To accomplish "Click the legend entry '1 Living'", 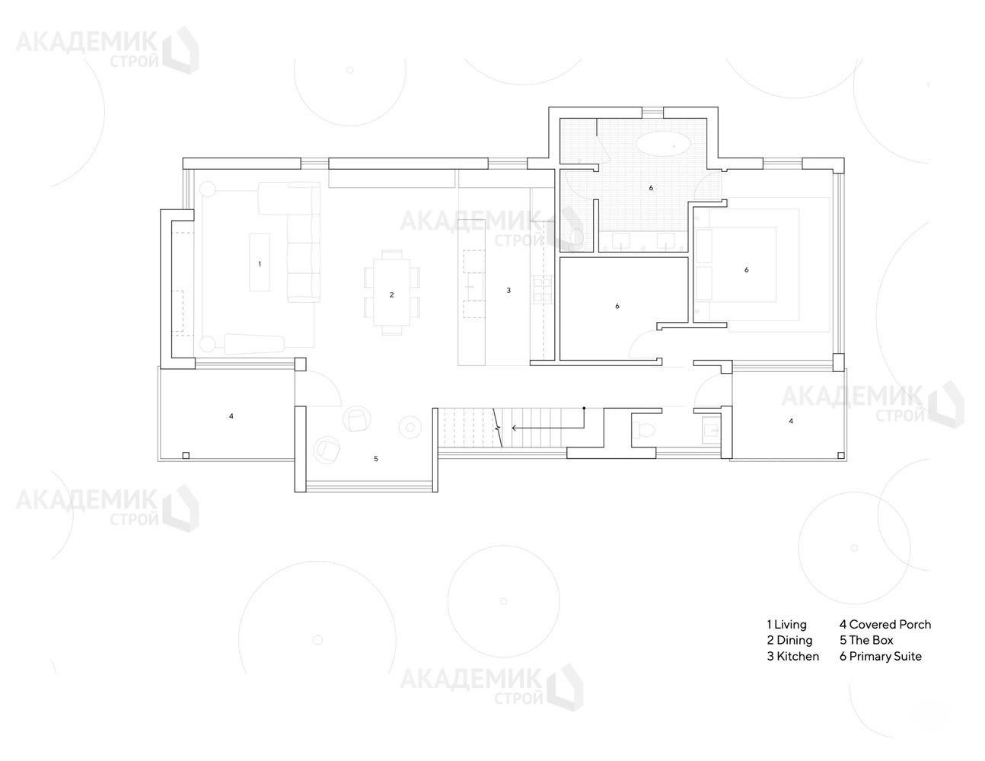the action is (x=786, y=625).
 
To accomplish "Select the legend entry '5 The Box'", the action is (x=866, y=641).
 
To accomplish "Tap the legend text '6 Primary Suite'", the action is (x=881, y=657).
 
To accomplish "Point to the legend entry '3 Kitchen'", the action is (x=793, y=657).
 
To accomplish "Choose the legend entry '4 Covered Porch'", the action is (x=885, y=625).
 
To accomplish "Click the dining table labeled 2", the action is (x=392, y=292).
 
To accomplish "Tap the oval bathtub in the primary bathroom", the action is (x=663, y=145).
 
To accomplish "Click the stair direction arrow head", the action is (x=515, y=428).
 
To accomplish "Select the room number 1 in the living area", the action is (x=260, y=263).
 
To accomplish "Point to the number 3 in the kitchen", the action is (x=508, y=291).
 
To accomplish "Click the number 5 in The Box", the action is (x=376, y=459).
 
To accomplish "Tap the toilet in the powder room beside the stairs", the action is (x=643, y=429).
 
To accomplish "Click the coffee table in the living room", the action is (x=260, y=262).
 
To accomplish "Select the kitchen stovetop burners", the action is (x=542, y=291).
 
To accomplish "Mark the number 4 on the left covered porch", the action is (x=231, y=416).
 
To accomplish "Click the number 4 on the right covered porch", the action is (x=791, y=421).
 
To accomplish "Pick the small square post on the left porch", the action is (x=186, y=455).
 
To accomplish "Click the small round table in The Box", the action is (x=410, y=427).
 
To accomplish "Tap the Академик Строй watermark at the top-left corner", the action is (x=108, y=49).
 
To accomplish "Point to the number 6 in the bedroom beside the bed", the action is (x=747, y=270).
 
